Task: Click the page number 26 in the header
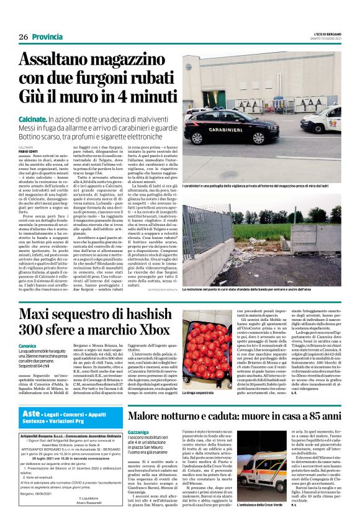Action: [24, 37]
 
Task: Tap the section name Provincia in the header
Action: [48, 37]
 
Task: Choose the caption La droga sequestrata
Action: [197, 394]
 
